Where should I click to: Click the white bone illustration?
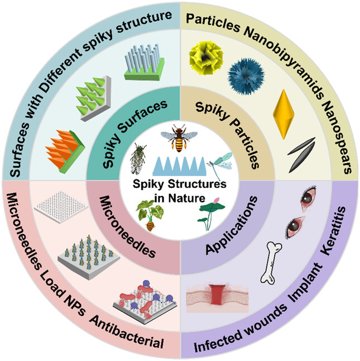[277, 259]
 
